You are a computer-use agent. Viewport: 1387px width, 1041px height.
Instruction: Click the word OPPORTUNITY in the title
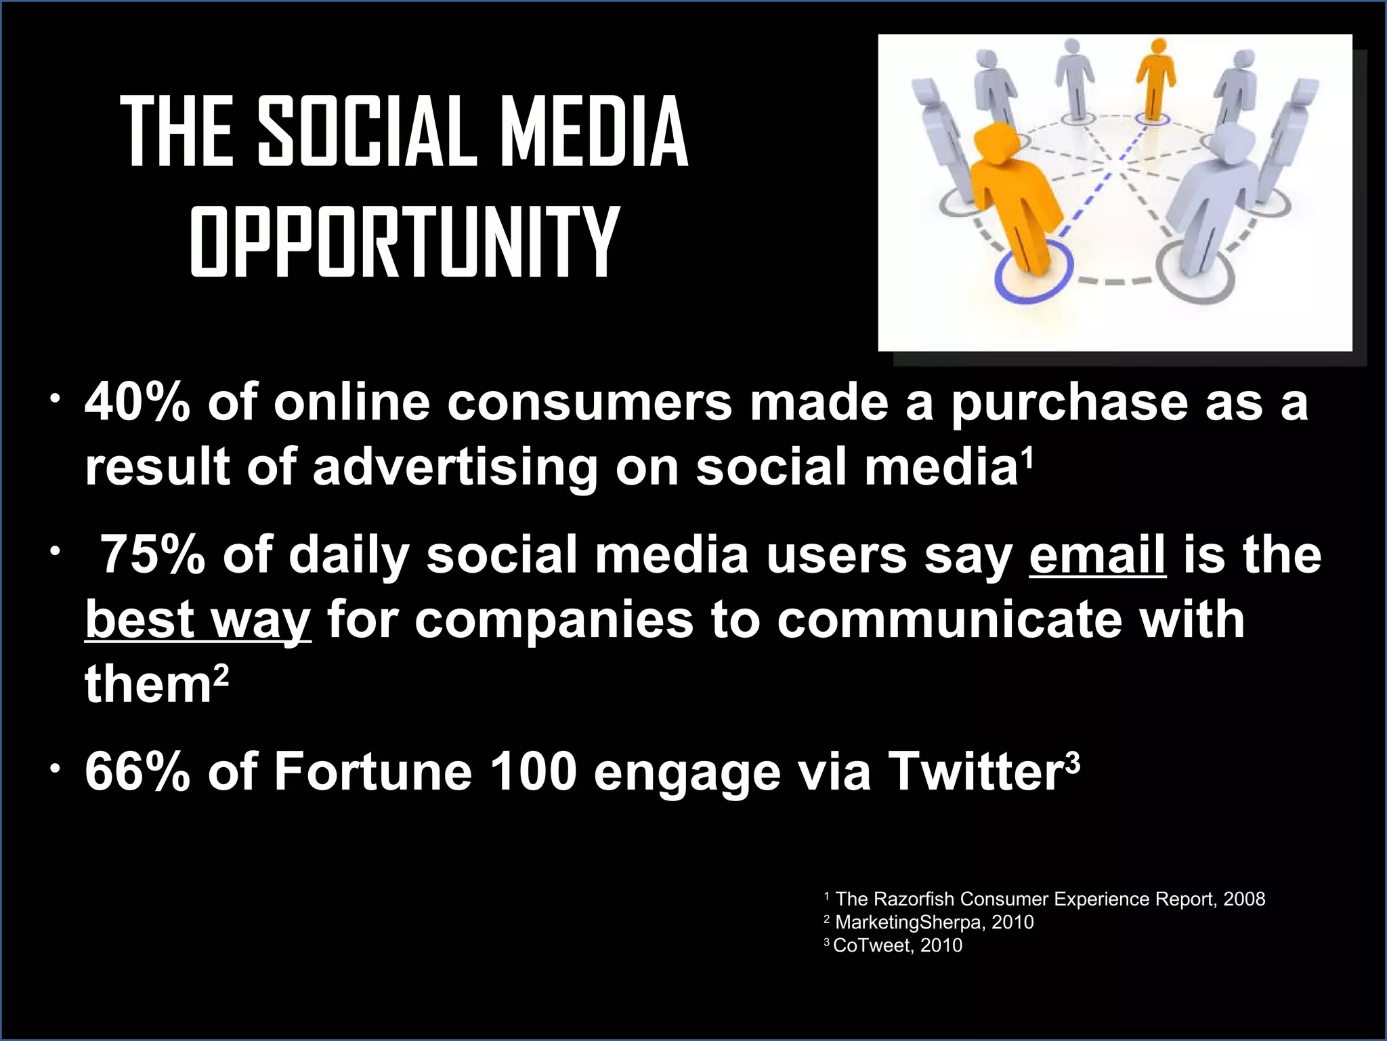click(404, 242)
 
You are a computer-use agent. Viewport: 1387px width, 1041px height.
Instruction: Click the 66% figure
click(137, 772)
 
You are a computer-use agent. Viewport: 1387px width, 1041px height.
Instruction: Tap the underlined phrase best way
click(198, 619)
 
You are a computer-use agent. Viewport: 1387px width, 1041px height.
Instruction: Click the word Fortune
click(372, 772)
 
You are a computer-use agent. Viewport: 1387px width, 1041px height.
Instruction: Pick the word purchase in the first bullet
click(1069, 403)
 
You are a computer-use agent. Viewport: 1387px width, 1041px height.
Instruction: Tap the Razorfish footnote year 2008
click(1244, 899)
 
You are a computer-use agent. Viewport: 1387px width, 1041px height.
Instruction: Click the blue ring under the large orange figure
click(1034, 277)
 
